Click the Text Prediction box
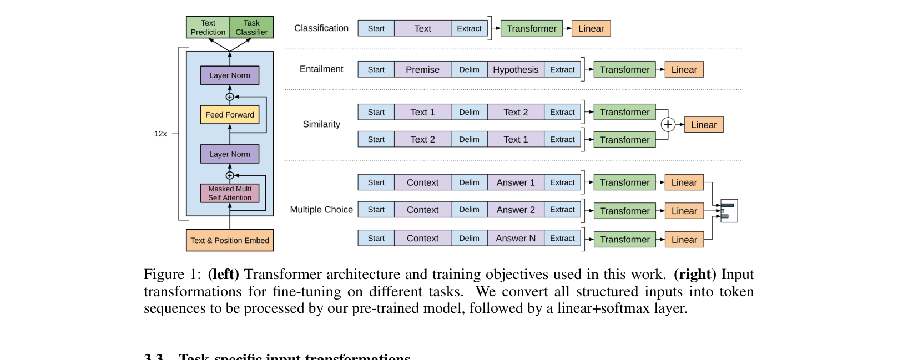(x=208, y=27)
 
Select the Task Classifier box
(x=251, y=27)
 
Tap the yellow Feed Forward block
(x=230, y=115)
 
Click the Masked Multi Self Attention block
(x=230, y=193)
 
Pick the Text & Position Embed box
(x=230, y=240)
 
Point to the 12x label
(x=160, y=134)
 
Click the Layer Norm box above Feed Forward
(x=230, y=75)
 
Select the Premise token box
(x=422, y=69)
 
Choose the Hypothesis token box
(x=516, y=69)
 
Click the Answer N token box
(x=516, y=238)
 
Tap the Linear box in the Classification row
(x=591, y=28)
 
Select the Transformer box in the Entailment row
(x=624, y=69)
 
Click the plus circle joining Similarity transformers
(x=668, y=125)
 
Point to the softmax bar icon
(x=728, y=211)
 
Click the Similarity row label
(x=321, y=124)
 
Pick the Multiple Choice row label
(x=321, y=210)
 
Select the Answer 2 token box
(x=516, y=210)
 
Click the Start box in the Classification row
(x=376, y=28)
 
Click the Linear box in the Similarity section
(x=704, y=125)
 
